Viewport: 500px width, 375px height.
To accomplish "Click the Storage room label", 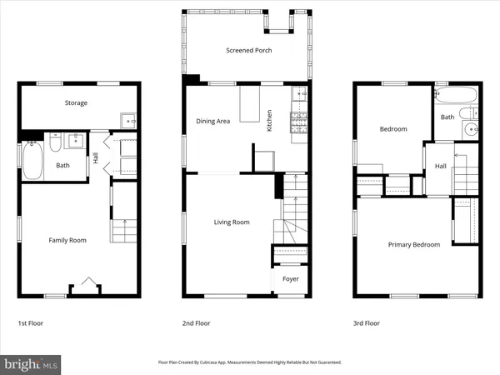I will [x=77, y=103].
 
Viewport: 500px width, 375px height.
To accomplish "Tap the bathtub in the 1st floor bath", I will [x=32, y=162].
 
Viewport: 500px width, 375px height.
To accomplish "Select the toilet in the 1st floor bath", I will [x=52, y=144].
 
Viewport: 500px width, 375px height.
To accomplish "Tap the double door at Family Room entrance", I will [x=85, y=285].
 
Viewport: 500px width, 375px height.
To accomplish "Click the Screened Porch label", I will [x=248, y=51].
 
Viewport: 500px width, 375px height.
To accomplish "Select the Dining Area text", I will [x=212, y=122].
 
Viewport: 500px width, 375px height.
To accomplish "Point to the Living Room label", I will [x=232, y=222].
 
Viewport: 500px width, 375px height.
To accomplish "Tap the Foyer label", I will [x=290, y=279].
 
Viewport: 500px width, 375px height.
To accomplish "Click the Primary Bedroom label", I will [x=414, y=244].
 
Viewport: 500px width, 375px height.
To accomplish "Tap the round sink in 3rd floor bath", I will [x=470, y=129].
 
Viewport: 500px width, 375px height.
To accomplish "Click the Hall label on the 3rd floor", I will [x=440, y=167].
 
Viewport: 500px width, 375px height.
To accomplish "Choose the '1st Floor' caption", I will [x=32, y=322].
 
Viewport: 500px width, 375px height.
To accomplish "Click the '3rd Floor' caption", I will [x=367, y=322].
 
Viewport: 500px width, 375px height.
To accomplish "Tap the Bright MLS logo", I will [x=32, y=363].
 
